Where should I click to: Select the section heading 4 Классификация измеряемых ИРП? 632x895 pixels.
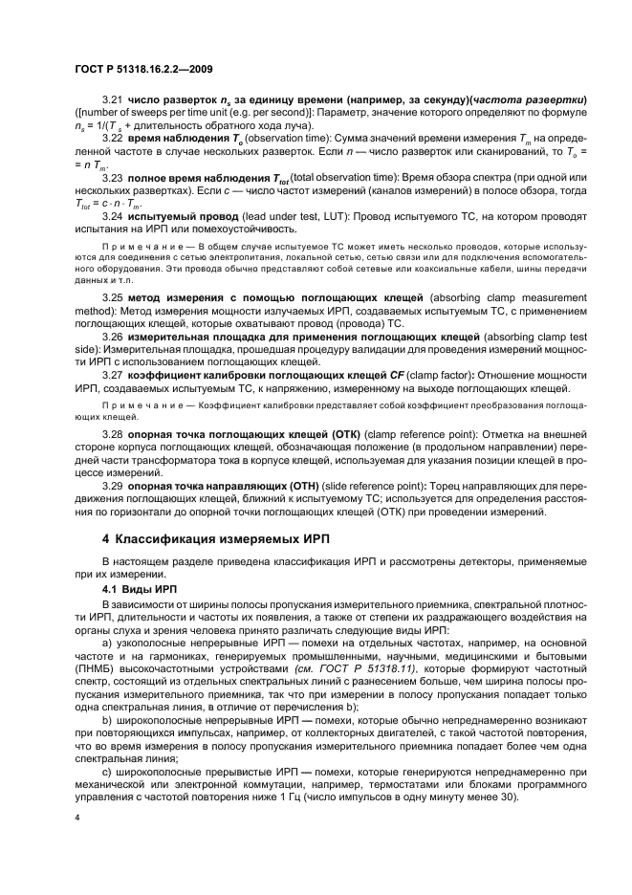tap(215, 538)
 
